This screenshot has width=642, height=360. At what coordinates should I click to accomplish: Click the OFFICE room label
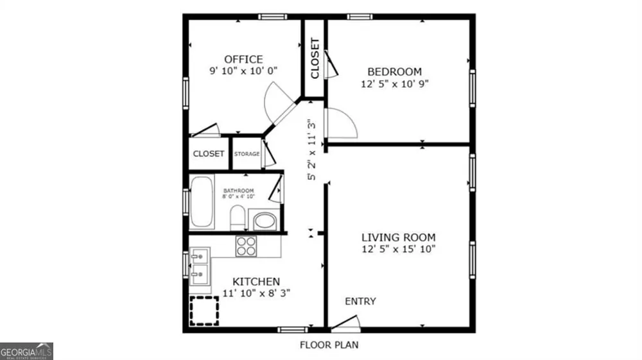[243, 59]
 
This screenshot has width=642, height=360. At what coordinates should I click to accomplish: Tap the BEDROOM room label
[395, 72]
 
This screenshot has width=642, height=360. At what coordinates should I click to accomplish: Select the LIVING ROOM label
[399, 237]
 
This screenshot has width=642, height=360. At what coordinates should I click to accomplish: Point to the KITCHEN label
[256, 282]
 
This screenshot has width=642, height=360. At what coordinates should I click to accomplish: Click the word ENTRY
[360, 302]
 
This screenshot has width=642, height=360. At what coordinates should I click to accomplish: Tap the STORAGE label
[247, 154]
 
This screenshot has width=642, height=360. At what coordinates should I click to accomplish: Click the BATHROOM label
[239, 191]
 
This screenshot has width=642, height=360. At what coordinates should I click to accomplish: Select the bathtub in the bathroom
[202, 201]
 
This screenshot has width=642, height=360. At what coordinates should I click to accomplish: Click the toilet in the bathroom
[238, 218]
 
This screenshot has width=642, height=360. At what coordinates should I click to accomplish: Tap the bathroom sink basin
[265, 221]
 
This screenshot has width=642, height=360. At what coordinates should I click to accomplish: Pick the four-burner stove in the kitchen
[246, 246]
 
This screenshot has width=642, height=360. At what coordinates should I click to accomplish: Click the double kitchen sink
[200, 266]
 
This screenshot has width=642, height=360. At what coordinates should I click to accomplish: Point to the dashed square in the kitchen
[204, 311]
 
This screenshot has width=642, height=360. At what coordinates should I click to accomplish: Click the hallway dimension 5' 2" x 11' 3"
[312, 150]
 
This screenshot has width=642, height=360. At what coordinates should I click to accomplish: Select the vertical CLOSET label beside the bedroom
[315, 58]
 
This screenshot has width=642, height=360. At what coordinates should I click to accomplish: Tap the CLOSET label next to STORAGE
[209, 154]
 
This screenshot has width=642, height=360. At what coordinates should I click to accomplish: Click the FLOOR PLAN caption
[329, 345]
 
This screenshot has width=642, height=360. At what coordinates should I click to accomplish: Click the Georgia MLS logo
[26, 352]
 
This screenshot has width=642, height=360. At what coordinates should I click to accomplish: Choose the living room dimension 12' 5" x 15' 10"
[399, 249]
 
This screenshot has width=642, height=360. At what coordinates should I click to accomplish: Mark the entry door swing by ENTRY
[346, 322]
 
